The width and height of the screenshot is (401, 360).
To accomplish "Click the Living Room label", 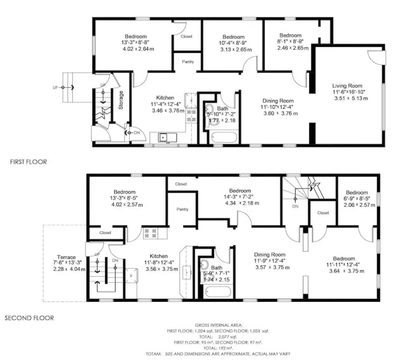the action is coord(347,86).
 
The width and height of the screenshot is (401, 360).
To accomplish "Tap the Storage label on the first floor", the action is coord(121,100).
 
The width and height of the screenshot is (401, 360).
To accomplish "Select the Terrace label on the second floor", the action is coord(66,257).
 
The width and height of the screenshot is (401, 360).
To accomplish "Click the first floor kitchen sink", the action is coord(163,137).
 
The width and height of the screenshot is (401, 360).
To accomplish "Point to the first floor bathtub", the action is coord(224,137).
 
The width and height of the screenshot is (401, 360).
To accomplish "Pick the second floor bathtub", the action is coord(218,292).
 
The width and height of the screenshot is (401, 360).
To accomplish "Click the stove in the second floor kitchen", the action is coord(150,233).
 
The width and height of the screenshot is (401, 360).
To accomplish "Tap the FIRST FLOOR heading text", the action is coord(29,162).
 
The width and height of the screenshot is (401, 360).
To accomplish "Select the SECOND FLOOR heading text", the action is coord(29,318).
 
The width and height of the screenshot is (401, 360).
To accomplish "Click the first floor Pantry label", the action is coord(188,62).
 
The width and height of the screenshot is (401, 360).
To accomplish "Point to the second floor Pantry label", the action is coord(182,209).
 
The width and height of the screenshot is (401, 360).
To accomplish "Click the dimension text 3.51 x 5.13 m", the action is coord(351,98).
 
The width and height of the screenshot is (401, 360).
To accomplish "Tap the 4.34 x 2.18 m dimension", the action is coord(242,203).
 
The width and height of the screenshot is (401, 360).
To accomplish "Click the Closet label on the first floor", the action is coord(186,37).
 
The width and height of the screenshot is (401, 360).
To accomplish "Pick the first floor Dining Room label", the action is coord(278,101).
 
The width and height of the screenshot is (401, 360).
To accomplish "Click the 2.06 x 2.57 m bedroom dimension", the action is coord(359,205).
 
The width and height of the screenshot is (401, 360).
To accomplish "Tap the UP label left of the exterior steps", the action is coord(55,88).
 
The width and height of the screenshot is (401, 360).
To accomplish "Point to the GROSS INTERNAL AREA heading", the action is coord(219,325).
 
